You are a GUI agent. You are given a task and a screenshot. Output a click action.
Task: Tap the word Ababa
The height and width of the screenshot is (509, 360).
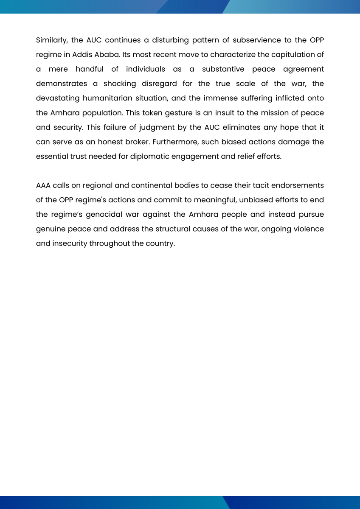click(x=107, y=55)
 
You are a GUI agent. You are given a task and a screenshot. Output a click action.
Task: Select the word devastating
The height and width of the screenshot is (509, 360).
click(x=57, y=98)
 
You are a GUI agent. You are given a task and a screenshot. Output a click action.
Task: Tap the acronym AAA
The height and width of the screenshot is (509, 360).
click(x=43, y=185)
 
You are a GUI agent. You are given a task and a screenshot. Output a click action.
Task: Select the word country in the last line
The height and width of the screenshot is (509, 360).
click(x=160, y=243)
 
